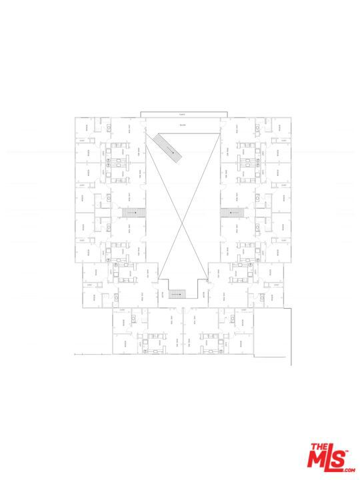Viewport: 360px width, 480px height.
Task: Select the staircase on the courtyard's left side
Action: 133,212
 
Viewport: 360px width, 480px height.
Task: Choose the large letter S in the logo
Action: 343,458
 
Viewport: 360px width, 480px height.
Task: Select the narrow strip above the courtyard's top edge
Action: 183,114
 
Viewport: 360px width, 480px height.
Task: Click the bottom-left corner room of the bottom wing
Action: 123,343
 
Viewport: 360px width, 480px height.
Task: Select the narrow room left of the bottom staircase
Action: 162,294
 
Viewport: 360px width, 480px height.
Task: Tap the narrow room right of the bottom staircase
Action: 201,294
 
